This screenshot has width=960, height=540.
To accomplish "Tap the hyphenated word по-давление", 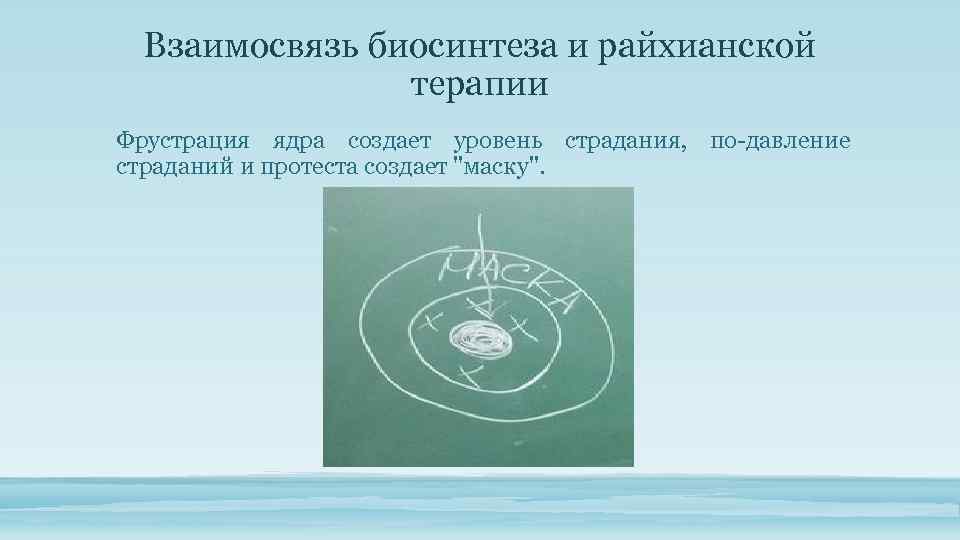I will [x=781, y=141].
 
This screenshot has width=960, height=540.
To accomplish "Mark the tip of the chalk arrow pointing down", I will [x=484, y=317].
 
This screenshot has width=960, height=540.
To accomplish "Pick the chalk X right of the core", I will [x=519, y=326].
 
